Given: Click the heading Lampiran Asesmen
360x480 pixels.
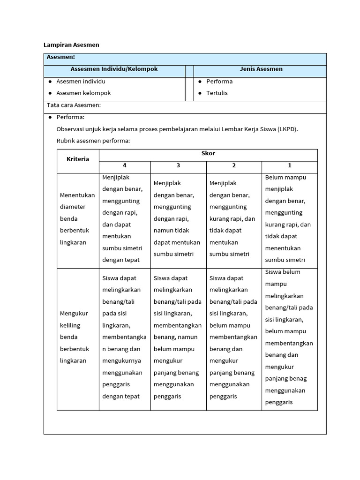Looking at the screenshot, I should point(71,45).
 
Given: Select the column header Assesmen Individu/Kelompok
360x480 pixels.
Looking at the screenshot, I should point(114,69).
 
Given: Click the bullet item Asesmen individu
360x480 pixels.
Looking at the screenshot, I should point(81,82).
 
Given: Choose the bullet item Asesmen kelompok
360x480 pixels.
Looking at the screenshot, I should point(83,93).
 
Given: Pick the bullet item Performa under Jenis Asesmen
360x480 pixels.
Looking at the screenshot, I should point(219,82).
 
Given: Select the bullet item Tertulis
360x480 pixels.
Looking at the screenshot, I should point(217,93).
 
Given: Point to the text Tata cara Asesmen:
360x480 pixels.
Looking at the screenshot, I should point(74,105).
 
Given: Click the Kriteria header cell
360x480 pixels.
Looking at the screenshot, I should point(78,159).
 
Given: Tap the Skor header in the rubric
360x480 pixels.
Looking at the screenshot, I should point(208,154).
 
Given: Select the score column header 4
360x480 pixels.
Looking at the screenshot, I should point(125,165).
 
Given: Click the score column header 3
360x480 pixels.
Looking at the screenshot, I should point(178,165).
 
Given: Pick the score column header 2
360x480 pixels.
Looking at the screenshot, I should point(234,165).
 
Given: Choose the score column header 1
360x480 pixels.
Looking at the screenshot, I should point(290,165).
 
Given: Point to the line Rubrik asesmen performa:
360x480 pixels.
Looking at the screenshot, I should point(93,141).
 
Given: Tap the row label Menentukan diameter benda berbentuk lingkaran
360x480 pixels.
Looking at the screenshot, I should point(77,219).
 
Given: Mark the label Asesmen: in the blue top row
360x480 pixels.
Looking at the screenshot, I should point(61,57).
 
